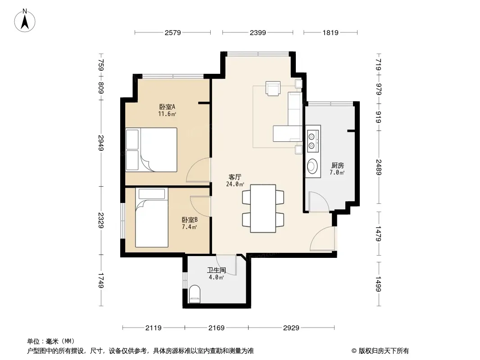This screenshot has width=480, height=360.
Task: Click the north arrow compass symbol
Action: click(x=25, y=21)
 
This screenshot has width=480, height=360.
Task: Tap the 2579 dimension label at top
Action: click(x=172, y=32)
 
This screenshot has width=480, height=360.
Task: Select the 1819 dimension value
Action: click(x=331, y=32)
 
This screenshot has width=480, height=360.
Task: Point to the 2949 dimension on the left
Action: click(x=101, y=143)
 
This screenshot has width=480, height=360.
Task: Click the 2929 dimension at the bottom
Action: click(x=291, y=328)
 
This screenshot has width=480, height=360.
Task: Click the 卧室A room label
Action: click(x=167, y=107)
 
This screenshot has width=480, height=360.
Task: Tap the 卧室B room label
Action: click(x=190, y=220)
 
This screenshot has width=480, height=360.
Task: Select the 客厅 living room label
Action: click(x=235, y=177)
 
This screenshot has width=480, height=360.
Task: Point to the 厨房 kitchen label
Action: click(x=337, y=166)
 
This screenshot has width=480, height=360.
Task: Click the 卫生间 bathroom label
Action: click(x=217, y=270)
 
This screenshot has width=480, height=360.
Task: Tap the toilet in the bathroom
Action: click(x=195, y=294)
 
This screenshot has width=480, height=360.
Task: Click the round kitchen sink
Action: click(x=312, y=166)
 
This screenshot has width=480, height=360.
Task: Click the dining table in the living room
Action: click(x=263, y=208)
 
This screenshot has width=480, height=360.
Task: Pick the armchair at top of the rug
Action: click(x=273, y=88)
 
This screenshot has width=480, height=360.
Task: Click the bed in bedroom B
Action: click(x=152, y=217)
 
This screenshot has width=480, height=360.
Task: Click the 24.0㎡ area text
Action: click(x=235, y=184)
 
